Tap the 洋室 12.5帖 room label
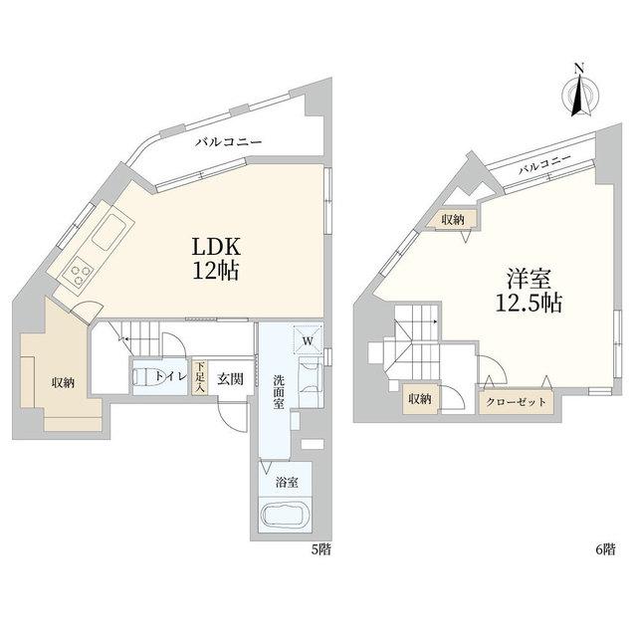pos(529,291)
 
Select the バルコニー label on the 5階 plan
pos(228,142)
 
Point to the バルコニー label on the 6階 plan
pos(544,164)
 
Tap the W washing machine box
pos(308,340)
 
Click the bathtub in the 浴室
pos(286,516)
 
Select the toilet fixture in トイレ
pos(142,376)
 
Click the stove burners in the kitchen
pos(78,275)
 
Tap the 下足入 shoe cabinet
pos(199,378)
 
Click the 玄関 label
pos(230,379)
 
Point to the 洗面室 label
pos(279,391)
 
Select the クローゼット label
pos(516,402)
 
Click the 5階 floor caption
pos(320,549)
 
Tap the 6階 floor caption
pos(605,549)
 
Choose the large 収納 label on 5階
pos(63,382)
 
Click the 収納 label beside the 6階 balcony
pos(453,220)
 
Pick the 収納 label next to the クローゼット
pos(420,399)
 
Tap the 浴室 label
pos(287,483)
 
